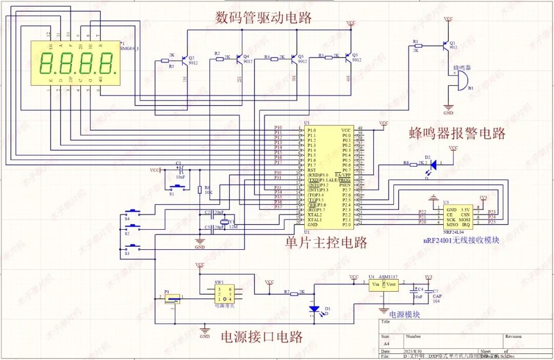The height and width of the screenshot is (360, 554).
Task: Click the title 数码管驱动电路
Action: coord(264,18)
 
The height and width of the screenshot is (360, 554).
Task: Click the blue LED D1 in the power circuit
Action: coord(314,309)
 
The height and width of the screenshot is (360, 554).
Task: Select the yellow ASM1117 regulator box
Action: coord(384,285)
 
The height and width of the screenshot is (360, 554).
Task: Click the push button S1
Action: coord(177,187)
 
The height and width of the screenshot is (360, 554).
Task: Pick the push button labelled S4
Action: coord(133,212)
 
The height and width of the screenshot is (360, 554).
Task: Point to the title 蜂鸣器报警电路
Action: coord(457,133)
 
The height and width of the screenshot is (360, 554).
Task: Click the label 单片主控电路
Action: coord(326,242)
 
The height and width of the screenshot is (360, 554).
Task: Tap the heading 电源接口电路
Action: coord(261,336)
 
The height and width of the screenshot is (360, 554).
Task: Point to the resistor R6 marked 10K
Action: coord(200,190)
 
